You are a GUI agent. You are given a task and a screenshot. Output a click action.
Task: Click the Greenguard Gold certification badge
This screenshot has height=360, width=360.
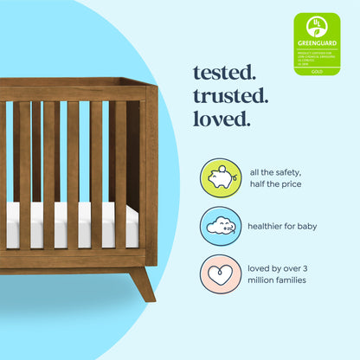tap(317, 44)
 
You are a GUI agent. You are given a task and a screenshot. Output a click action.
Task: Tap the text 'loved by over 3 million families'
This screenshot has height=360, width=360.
tap(283, 271)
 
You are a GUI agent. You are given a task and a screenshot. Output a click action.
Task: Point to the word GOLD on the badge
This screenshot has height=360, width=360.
tap(317, 72)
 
